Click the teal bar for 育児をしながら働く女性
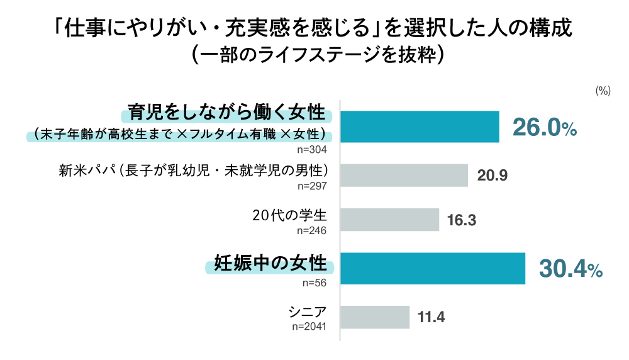(420, 127)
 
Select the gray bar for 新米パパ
(404, 176)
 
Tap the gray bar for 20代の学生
(389, 220)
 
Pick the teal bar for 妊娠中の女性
(433, 269)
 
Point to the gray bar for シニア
(375, 317)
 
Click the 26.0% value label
(545, 128)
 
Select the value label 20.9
(493, 176)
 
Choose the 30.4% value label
(571, 269)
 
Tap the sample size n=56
(316, 283)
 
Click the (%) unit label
(603, 91)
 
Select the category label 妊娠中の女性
(271, 263)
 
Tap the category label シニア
(308, 312)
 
